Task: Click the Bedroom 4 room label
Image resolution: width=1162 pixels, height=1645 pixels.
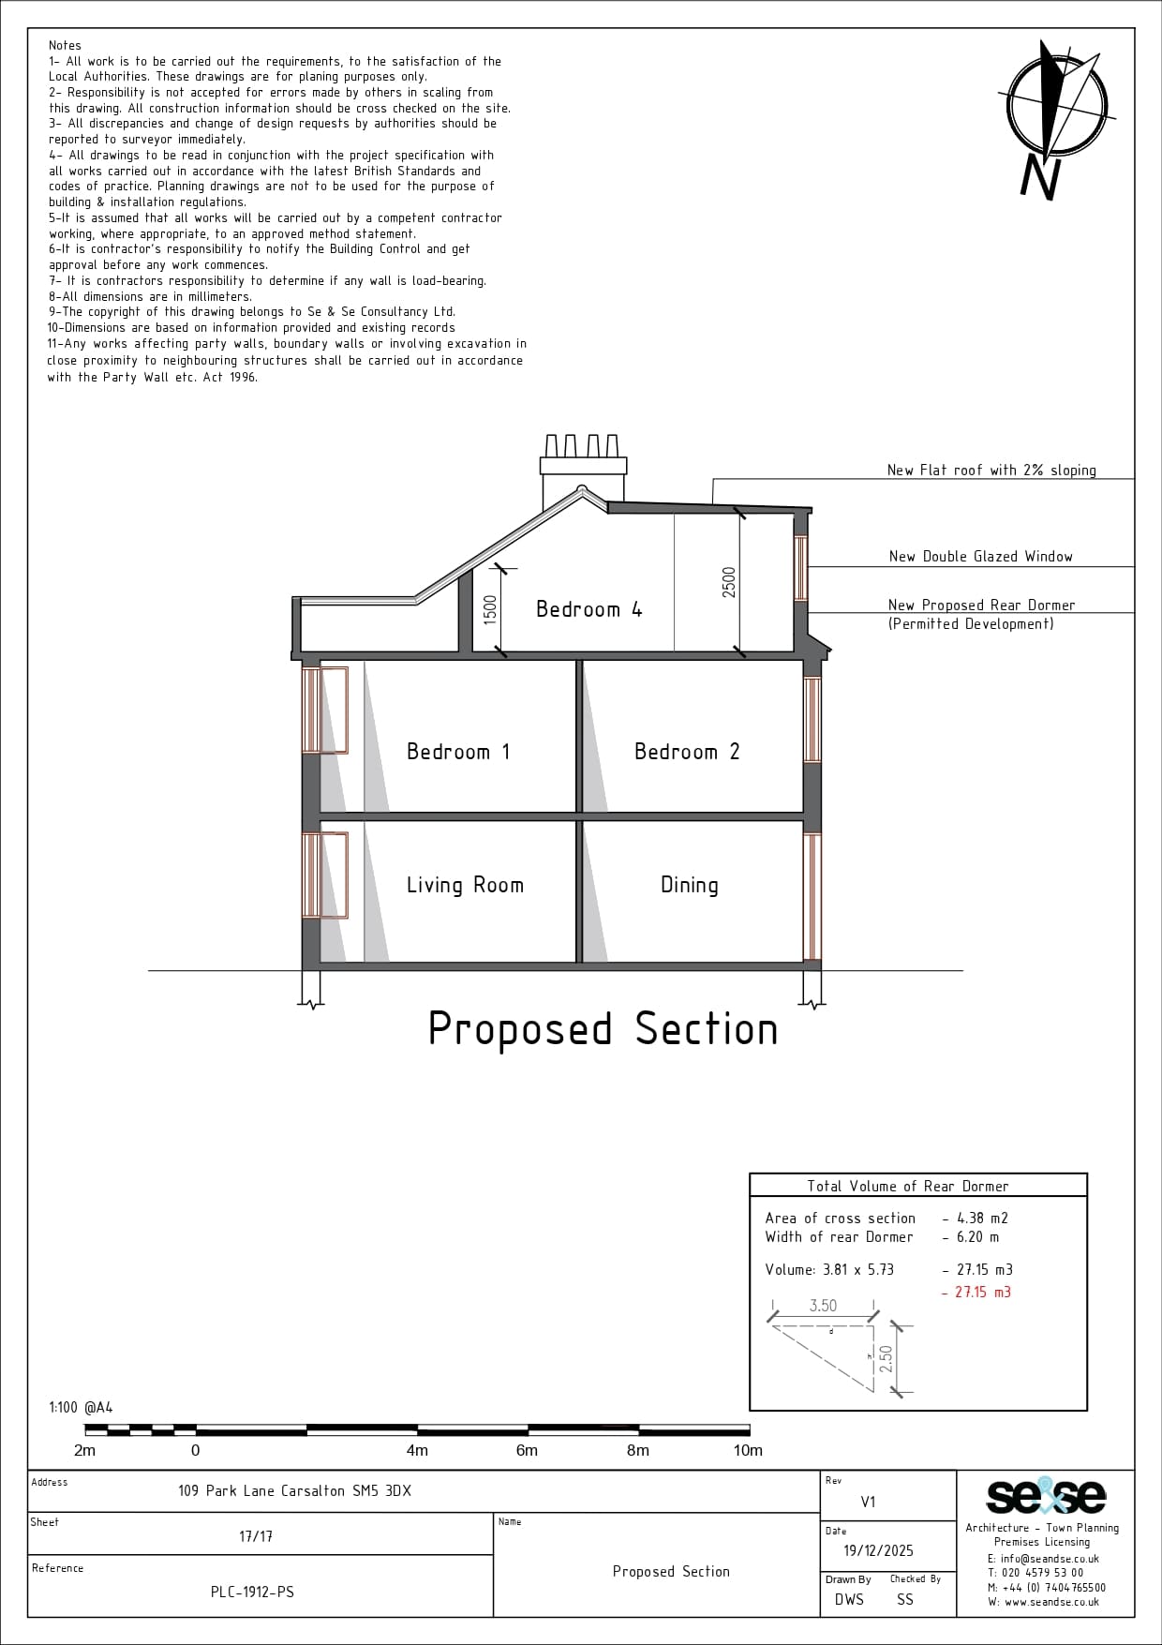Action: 588,609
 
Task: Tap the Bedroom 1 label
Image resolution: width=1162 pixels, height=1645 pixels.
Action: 458,752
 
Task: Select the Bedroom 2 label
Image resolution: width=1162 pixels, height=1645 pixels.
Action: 687,752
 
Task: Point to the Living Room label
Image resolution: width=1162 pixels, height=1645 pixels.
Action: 465,885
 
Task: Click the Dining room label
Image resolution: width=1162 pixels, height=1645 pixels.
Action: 690,886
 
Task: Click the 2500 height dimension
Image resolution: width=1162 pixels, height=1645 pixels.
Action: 729,582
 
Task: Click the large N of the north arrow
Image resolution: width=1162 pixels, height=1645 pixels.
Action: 1040,177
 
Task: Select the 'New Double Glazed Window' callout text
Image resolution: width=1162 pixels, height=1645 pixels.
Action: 980,557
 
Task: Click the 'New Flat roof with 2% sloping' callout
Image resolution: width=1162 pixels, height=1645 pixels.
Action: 991,471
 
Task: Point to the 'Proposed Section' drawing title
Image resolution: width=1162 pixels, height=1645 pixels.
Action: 603,1029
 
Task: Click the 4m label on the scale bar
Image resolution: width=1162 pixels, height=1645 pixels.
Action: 417,1451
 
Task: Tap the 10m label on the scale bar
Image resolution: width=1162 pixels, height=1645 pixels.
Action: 748,1451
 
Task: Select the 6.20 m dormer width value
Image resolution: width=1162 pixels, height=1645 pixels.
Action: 977,1237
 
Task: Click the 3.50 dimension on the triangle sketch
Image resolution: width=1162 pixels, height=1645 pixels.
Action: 823,1306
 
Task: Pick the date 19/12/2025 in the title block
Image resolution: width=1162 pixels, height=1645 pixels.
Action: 878,1551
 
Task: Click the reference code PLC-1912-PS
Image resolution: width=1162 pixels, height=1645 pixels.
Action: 252,1592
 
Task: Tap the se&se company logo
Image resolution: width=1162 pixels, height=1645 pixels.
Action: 1046,1496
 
